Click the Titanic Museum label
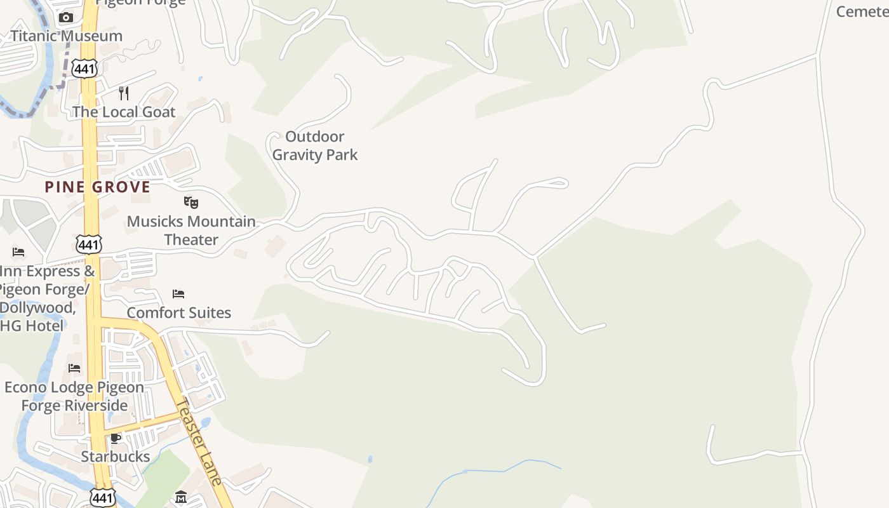(x=66, y=36)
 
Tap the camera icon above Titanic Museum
(x=66, y=17)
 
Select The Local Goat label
(x=123, y=112)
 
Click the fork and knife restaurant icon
(x=124, y=93)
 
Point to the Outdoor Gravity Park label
(x=315, y=145)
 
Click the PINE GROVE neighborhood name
(x=97, y=187)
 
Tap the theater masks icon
(x=191, y=203)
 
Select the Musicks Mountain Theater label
(x=191, y=231)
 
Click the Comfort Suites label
(x=178, y=312)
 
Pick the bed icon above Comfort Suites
(x=178, y=294)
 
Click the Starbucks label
(x=116, y=456)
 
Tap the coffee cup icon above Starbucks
(x=116, y=438)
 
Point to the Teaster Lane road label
(x=199, y=441)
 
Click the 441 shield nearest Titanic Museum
(x=84, y=69)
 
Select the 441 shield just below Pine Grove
(x=88, y=243)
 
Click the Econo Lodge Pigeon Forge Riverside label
(x=74, y=396)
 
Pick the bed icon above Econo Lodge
(x=74, y=368)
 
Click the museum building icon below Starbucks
(x=180, y=497)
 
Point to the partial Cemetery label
(x=862, y=11)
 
